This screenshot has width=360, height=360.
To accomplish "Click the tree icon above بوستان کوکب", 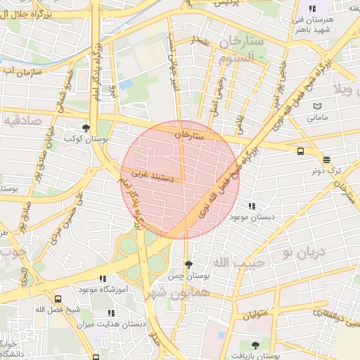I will coord(86,128).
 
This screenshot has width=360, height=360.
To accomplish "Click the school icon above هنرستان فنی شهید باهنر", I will coord(312,8).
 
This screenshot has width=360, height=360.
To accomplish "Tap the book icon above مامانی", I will coord(318,105).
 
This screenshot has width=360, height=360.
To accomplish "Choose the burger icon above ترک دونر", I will coord(326,160).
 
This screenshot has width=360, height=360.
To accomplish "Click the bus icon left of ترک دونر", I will coord(301,150).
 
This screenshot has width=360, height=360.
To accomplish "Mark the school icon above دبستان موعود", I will coord(252,207).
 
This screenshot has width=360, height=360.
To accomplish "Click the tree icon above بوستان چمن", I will coord(188,264).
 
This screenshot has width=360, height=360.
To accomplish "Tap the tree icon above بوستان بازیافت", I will coord(255,345).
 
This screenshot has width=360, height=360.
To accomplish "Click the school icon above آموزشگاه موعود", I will coord(103,279).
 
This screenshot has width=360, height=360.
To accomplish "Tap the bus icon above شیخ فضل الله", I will coord(58,299).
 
